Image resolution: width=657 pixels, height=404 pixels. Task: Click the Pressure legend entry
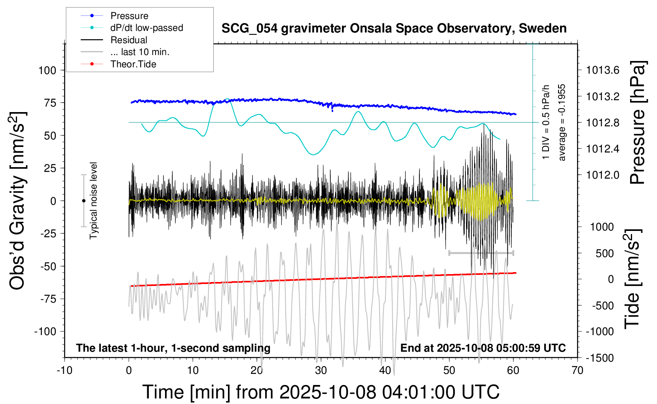point(129,16)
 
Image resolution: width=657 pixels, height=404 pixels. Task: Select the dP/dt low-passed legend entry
point(146,28)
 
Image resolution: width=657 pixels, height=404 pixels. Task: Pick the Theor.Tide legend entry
point(133,64)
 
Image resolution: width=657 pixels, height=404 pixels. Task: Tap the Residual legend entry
point(129,40)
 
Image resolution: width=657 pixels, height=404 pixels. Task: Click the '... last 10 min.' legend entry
point(139,52)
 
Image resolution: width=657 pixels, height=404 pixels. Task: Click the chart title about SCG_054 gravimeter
point(394,29)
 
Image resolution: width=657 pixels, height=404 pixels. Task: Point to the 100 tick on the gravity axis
point(47,71)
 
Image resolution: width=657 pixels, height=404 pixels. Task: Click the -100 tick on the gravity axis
point(45,331)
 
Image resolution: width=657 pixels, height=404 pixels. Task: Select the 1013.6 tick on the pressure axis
point(603,71)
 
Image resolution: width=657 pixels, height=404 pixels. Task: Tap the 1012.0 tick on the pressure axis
point(603,175)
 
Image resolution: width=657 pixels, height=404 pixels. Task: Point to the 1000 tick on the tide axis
point(602,227)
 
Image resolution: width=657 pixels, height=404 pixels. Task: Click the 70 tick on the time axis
point(577,371)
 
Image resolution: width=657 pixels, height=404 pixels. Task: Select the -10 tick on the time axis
point(65,371)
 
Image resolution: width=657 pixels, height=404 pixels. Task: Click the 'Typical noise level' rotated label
point(93,200)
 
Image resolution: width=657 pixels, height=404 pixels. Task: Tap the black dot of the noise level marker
point(84,201)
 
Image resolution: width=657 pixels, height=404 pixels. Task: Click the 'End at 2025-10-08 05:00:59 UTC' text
point(483,348)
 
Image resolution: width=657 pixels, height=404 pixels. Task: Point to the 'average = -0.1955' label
point(562,122)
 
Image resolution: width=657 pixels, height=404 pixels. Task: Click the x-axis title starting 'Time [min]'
point(321,392)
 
